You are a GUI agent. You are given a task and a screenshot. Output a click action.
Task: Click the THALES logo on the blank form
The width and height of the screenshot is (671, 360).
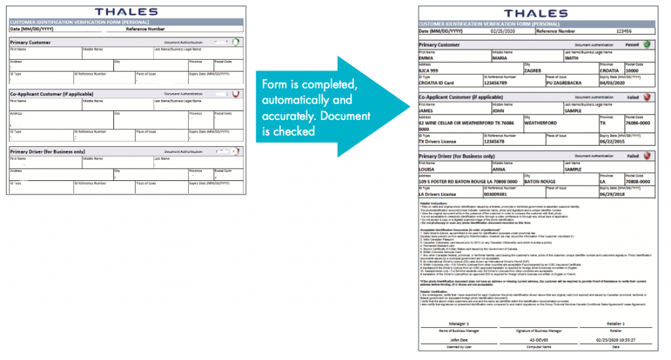(x=126, y=11)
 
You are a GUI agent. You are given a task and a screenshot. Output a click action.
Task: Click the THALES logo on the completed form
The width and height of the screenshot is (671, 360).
(x=536, y=13)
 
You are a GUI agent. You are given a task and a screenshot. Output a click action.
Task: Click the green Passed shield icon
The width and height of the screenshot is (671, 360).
(x=647, y=45)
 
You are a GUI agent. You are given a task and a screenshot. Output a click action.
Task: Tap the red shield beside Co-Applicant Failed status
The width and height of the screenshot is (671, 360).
(x=647, y=97)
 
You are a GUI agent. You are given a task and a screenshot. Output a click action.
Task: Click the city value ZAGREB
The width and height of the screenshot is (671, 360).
(x=536, y=71)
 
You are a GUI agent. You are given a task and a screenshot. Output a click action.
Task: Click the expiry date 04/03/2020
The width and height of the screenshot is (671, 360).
(x=613, y=84)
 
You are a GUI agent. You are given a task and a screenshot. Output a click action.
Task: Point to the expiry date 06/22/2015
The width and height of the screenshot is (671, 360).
(x=613, y=140)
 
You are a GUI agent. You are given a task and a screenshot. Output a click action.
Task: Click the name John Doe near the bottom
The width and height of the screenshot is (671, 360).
(x=458, y=341)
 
